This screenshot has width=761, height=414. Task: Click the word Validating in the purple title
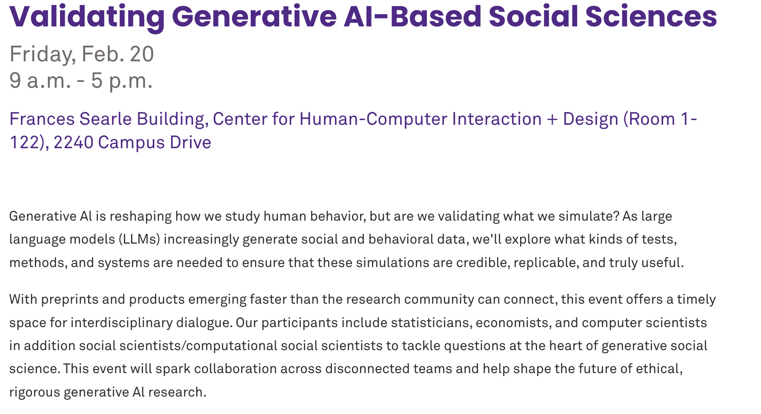[87, 17]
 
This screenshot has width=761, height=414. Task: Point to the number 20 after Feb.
[142, 54]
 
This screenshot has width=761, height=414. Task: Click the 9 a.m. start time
[40, 80]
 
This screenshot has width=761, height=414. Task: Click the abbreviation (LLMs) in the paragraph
[139, 239]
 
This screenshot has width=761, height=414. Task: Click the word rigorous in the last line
[35, 392]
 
